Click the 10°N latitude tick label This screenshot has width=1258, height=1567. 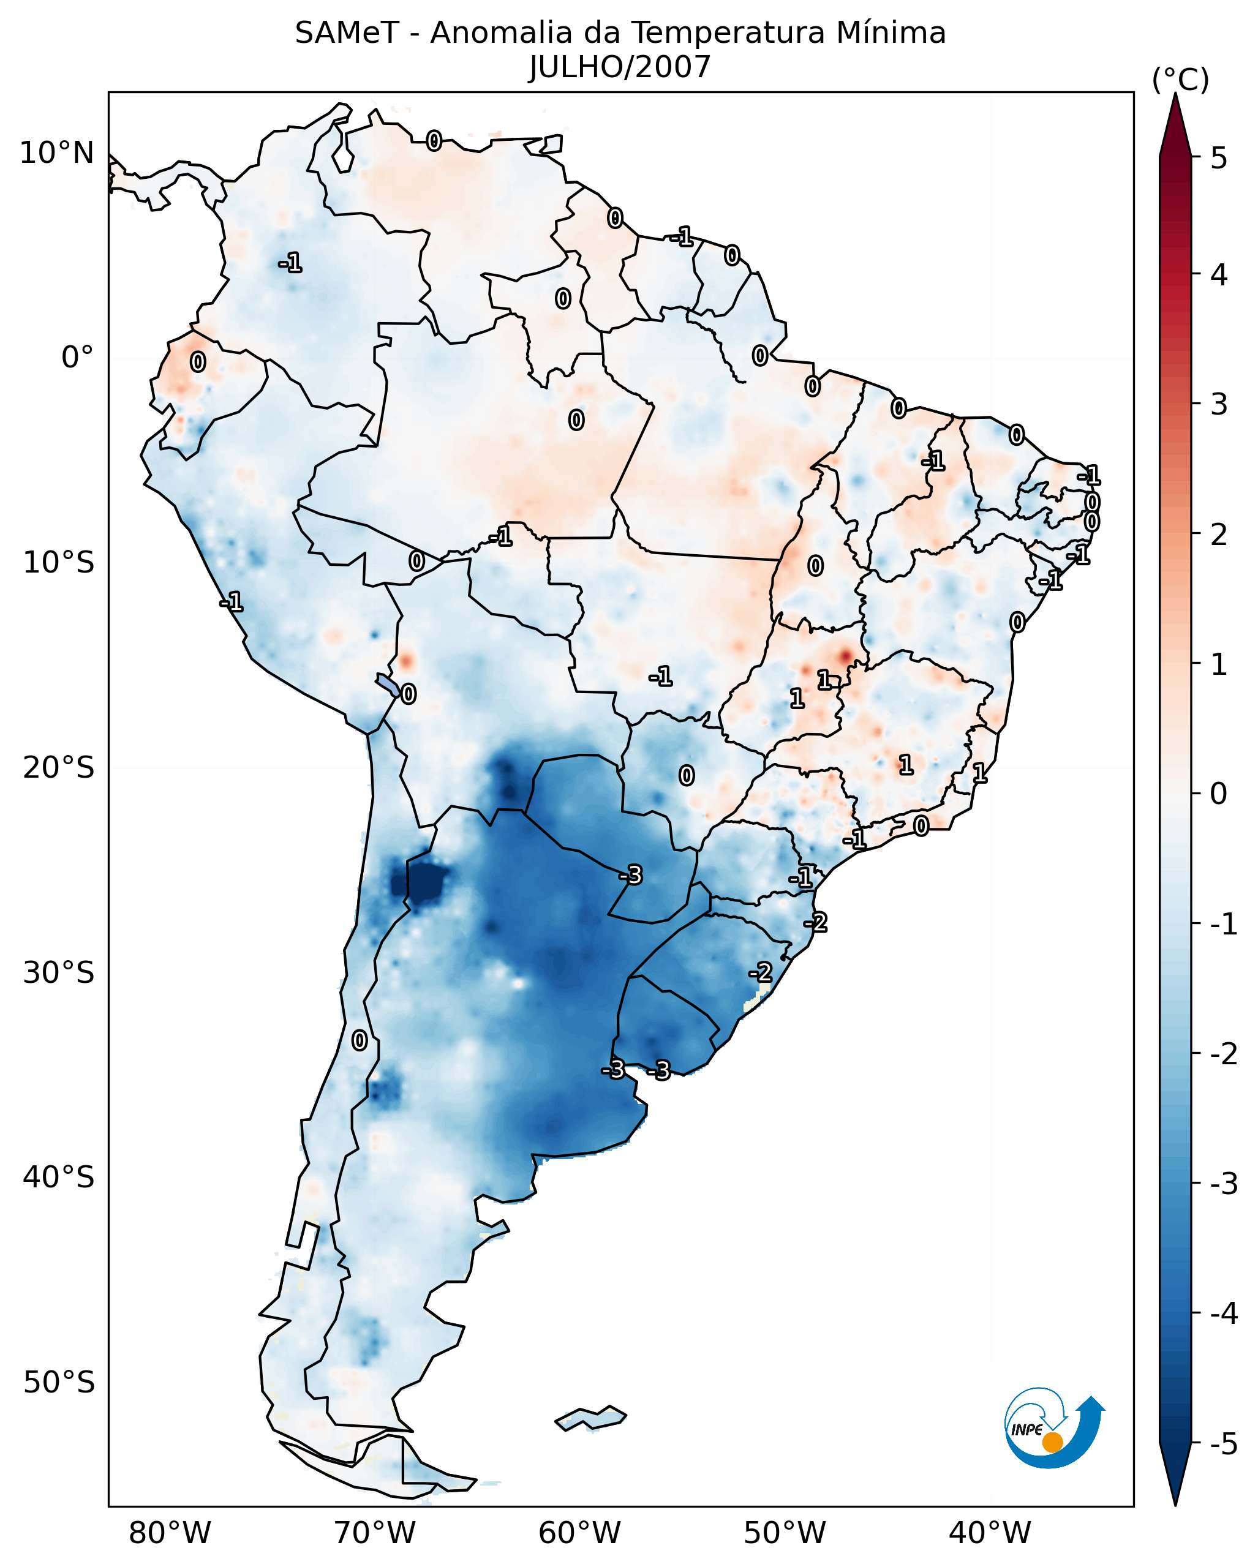(57, 153)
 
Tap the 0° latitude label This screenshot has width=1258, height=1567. (77, 358)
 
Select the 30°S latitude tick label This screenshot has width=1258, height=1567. (58, 972)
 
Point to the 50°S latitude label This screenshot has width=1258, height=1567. (58, 1383)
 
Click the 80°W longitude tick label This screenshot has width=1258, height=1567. (169, 1533)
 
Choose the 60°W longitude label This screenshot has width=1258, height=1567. (579, 1533)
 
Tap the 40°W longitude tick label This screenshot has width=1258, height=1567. (989, 1533)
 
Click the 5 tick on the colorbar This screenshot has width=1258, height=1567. (1219, 158)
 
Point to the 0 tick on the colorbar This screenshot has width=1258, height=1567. (1219, 794)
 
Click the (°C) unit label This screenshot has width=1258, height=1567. (1180, 80)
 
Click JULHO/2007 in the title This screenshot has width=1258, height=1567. (619, 67)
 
